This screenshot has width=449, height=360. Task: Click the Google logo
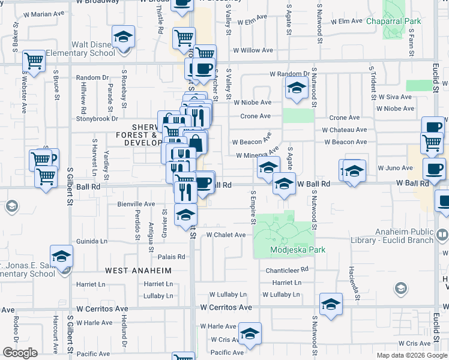[x=20, y=353]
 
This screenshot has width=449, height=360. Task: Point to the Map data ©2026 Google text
[x=411, y=355]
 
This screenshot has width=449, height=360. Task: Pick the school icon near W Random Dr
[x=297, y=88]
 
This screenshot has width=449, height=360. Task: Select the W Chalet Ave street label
[x=226, y=235]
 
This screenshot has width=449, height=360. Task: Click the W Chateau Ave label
[x=344, y=130]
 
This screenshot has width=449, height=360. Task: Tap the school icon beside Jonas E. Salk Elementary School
[x=61, y=256]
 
